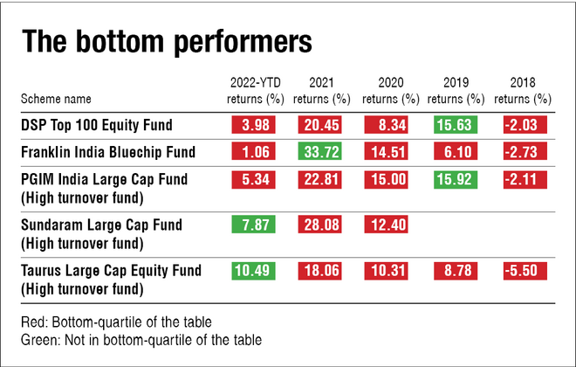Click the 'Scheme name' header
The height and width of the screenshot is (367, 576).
pyautogui.click(x=57, y=99)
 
